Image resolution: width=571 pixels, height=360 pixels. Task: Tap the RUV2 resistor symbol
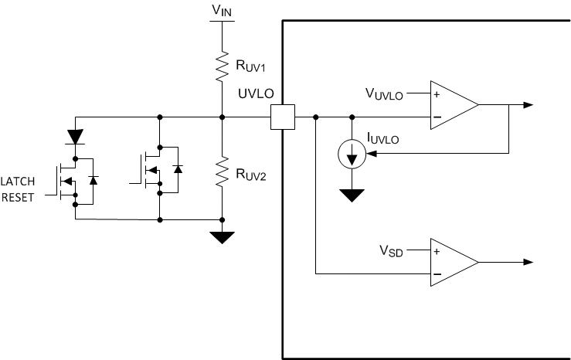222,171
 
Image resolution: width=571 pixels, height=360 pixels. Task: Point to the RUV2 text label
251,175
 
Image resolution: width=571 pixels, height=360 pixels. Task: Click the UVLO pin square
282,117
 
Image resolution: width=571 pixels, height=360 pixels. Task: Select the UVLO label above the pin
257,94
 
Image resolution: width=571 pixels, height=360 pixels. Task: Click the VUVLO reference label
384,93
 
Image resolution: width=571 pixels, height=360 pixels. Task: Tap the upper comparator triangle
453,105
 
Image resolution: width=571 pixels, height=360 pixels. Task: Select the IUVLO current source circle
352,155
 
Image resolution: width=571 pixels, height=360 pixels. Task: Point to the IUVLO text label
383,140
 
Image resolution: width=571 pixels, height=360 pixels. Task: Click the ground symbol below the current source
352,195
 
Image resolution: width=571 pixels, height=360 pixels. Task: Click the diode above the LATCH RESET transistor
75,137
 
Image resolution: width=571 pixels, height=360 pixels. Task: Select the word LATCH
19,181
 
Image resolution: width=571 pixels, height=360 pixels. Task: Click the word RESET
19,197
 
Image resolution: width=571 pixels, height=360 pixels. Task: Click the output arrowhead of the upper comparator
528,105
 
